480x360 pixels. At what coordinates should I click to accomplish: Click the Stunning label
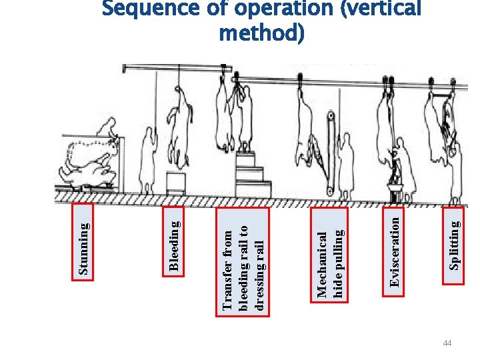pyautogui.click(x=84, y=248)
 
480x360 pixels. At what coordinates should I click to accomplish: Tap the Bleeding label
pyautogui.click(x=174, y=247)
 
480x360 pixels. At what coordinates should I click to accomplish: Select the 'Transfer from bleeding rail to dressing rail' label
pyautogui.click(x=243, y=269)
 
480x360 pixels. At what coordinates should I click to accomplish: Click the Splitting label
pyautogui.click(x=454, y=245)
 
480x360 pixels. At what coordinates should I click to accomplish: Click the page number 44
pyautogui.click(x=447, y=343)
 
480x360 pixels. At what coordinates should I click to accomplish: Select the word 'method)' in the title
pyautogui.click(x=262, y=33)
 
